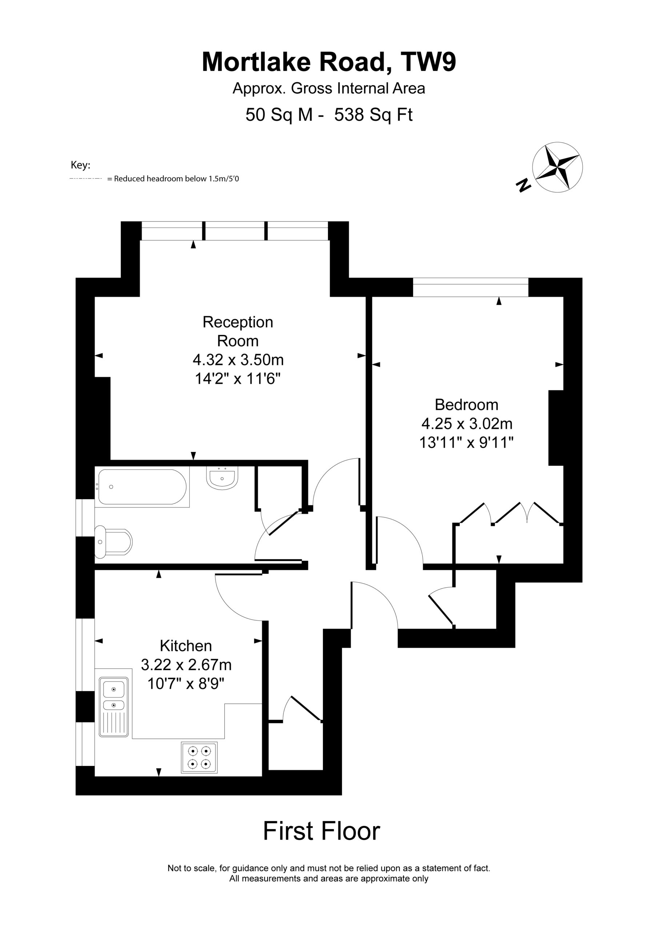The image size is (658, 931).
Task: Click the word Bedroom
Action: coord(467,405)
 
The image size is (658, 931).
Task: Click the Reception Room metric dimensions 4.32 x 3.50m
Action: coord(238,360)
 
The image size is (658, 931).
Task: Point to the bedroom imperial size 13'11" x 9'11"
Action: coord(467,442)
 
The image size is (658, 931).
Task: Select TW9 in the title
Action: coord(429,62)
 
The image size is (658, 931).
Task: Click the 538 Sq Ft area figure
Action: coord(373,115)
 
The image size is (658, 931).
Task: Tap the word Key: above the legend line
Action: coord(81,165)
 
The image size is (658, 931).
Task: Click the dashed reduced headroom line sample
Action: coord(85,179)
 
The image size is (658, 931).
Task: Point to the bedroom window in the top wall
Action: coord(471,287)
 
